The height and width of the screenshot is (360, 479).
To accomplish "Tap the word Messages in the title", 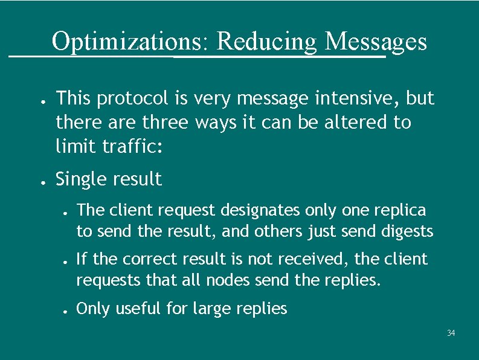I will tap(376, 42).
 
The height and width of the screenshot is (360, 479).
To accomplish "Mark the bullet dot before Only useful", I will tap(64, 310).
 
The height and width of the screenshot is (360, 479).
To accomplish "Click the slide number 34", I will tap(451, 333).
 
